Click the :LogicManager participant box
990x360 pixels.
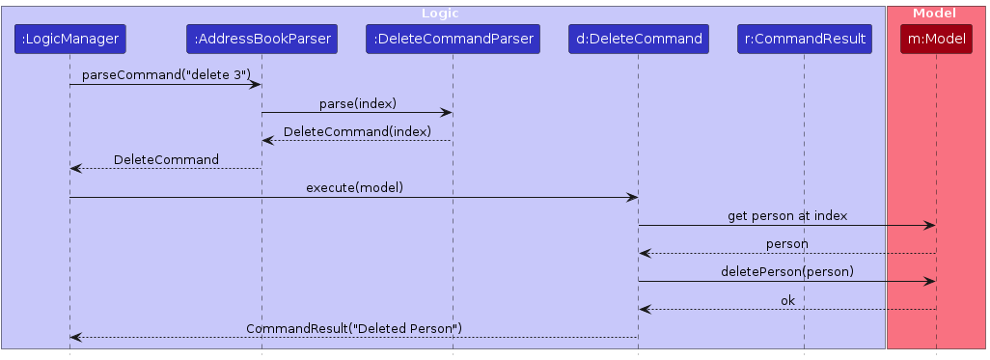coord(69,40)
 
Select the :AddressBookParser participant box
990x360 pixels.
coord(261,40)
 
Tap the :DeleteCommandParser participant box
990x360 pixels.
coord(453,40)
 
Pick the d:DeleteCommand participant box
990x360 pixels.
coord(637,40)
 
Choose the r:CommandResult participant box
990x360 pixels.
coord(805,40)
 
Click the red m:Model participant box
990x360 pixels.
coord(935,40)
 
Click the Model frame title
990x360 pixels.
coord(935,14)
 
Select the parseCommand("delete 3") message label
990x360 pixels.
coord(165,75)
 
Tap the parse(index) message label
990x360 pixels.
coord(357,103)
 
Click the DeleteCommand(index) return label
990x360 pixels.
coord(357,131)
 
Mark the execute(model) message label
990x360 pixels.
coord(354,187)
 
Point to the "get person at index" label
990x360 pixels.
coord(787,215)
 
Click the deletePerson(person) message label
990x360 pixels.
coord(787,271)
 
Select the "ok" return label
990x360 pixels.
coord(787,300)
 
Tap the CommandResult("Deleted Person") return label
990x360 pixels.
coord(354,328)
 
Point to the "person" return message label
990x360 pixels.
coord(787,243)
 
